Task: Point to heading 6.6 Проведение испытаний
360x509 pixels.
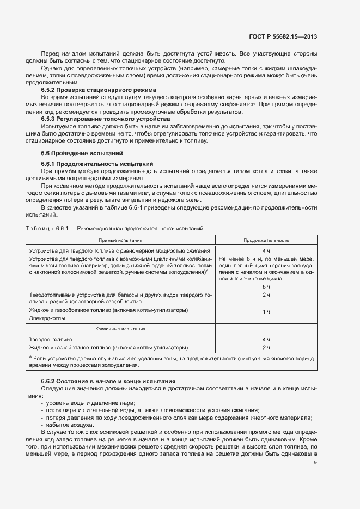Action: click(82, 153)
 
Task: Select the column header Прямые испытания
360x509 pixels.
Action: click(120, 240)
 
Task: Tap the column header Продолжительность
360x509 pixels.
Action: click(266, 240)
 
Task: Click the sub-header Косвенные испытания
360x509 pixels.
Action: click(120, 329)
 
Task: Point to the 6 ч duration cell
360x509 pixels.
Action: click(266, 286)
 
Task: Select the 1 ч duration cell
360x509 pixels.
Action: click(266, 311)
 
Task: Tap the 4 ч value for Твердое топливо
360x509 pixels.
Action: click(266, 339)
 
